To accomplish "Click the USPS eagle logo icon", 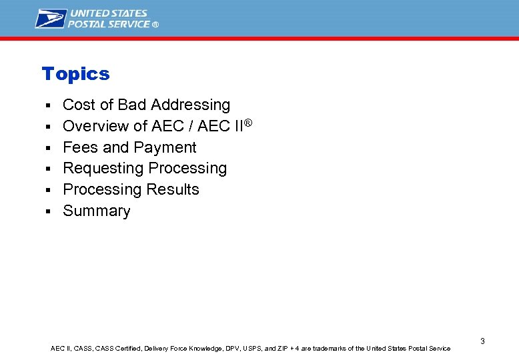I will [51, 19].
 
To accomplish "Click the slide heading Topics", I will [75, 74].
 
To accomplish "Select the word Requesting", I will [103, 169].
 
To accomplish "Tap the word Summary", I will [96, 211].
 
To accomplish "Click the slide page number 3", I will [482, 341].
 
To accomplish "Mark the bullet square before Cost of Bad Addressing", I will [48, 106].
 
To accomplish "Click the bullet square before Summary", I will [48, 212].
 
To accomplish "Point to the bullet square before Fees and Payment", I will [48, 148].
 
